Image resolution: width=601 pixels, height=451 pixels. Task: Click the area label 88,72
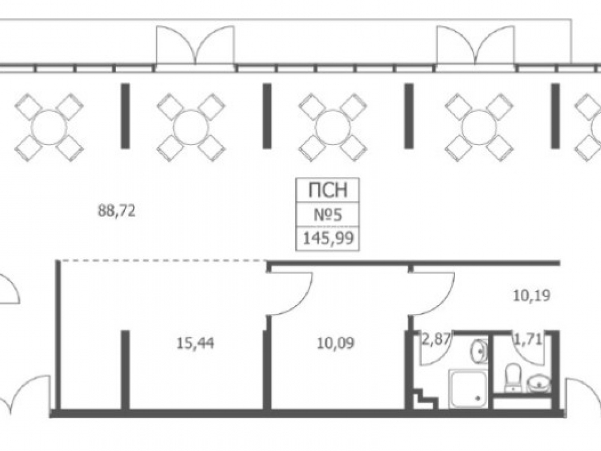pos(117,211)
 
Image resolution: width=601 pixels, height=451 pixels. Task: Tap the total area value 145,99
pos(328,239)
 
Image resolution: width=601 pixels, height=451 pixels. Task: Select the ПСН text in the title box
pos(328,190)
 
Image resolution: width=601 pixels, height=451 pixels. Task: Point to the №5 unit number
pos(328,215)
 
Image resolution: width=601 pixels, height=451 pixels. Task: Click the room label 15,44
pos(195,343)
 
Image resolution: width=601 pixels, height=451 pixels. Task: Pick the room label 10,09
pos(336,343)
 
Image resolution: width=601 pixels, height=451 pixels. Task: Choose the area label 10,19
pos(532,296)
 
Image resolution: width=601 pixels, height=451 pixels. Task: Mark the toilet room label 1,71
pos(528,339)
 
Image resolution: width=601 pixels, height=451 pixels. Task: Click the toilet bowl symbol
pos(512,378)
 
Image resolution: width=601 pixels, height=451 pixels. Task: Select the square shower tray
pos(468,389)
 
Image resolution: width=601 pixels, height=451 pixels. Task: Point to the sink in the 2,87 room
pos(479,351)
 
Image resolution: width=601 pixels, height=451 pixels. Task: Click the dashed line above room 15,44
pos(163,261)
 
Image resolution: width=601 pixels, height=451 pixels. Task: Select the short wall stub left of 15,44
pos(125,370)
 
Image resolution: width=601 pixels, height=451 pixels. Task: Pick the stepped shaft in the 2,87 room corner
pos(425,399)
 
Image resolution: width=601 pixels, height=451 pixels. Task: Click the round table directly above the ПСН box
pos(332,127)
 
